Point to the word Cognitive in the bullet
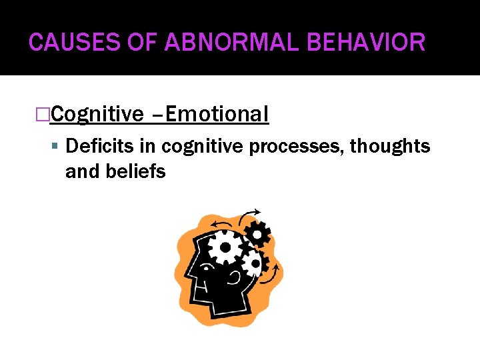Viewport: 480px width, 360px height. (97, 115)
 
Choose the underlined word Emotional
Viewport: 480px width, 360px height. (217, 115)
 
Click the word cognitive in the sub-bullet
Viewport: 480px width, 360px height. (203, 145)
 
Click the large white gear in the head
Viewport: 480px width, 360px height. (225, 247)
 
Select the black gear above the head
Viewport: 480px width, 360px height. (257, 233)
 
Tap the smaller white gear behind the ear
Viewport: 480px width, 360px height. (253, 263)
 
